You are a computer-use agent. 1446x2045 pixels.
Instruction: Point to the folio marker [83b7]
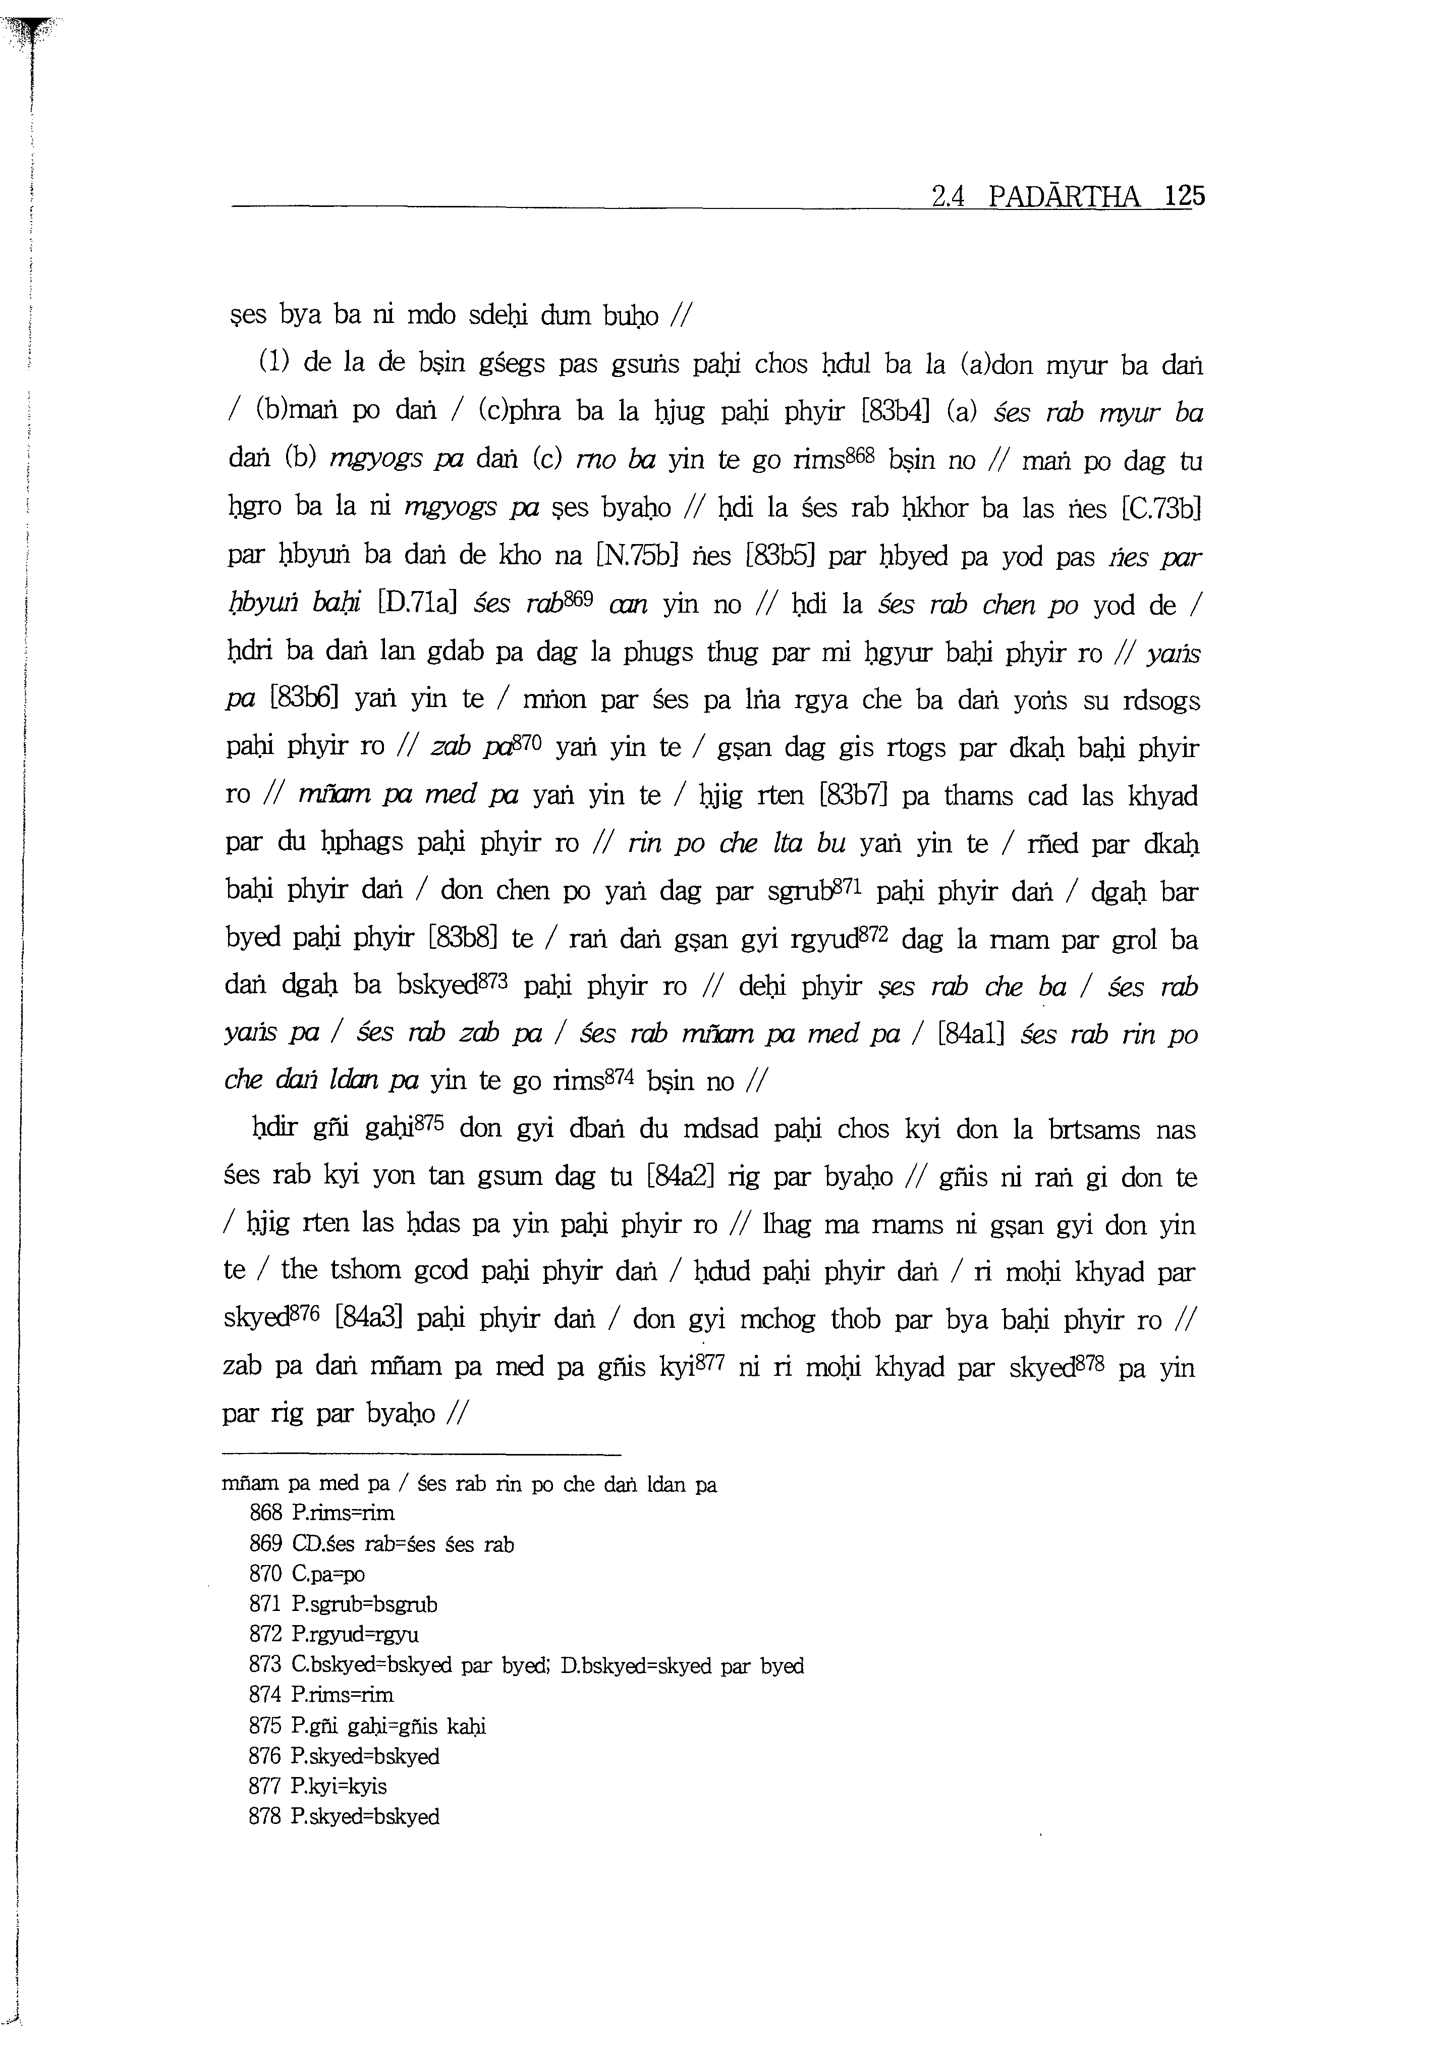853,794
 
